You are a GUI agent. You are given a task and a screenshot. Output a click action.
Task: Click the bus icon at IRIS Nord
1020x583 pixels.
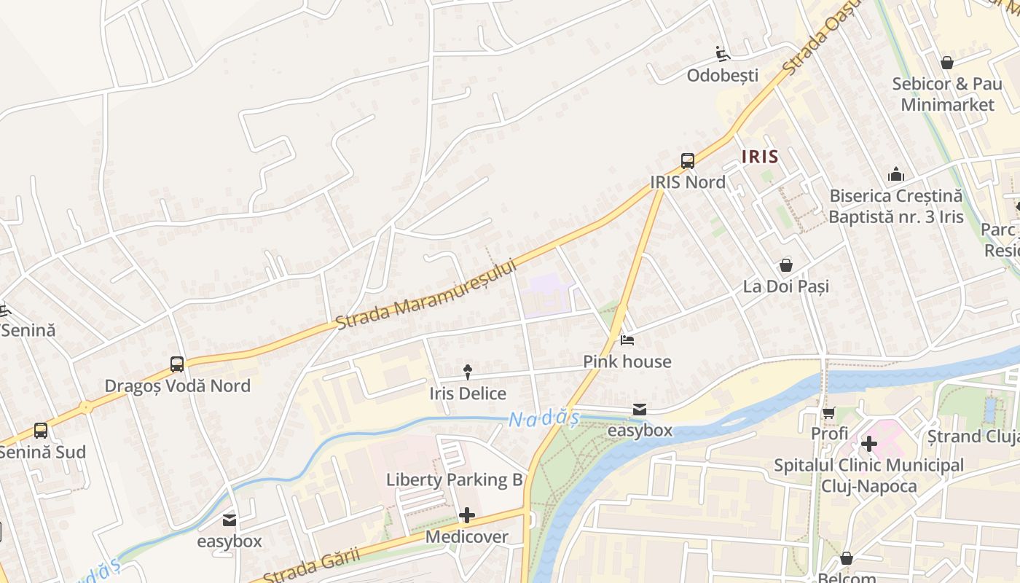point(687,161)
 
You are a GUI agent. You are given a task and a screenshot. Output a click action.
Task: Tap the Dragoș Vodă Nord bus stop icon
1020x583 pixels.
point(176,364)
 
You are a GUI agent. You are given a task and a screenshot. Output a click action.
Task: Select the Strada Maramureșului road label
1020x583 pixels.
point(425,294)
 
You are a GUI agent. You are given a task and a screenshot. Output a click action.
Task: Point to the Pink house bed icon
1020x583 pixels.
point(627,340)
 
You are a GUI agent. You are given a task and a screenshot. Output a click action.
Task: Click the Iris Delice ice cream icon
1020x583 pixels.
point(467,373)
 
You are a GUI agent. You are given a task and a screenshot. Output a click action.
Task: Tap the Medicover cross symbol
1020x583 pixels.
point(466,516)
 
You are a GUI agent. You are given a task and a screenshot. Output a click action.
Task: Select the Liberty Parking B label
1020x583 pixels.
point(455,480)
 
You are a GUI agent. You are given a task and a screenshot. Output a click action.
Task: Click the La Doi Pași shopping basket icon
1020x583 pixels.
point(785,265)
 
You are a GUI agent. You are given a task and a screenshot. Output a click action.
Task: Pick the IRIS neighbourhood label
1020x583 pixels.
point(760,156)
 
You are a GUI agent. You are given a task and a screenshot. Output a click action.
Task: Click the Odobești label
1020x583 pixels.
point(723,75)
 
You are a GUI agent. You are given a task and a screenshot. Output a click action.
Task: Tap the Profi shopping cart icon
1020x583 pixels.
point(828,412)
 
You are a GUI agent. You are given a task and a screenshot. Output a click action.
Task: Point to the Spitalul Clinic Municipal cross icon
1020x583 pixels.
point(868,443)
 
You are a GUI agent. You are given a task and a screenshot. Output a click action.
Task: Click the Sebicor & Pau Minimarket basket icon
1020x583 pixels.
point(946,63)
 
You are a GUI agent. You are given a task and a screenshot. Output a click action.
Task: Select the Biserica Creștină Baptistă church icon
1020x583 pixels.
point(895,174)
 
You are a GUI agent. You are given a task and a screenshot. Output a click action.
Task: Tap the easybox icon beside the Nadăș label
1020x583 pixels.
point(639,410)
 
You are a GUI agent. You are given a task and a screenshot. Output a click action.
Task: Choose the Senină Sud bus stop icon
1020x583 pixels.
point(41,431)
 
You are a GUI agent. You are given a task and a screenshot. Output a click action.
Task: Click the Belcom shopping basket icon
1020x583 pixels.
point(846,559)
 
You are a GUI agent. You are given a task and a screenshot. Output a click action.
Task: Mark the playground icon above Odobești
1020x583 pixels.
point(722,53)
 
